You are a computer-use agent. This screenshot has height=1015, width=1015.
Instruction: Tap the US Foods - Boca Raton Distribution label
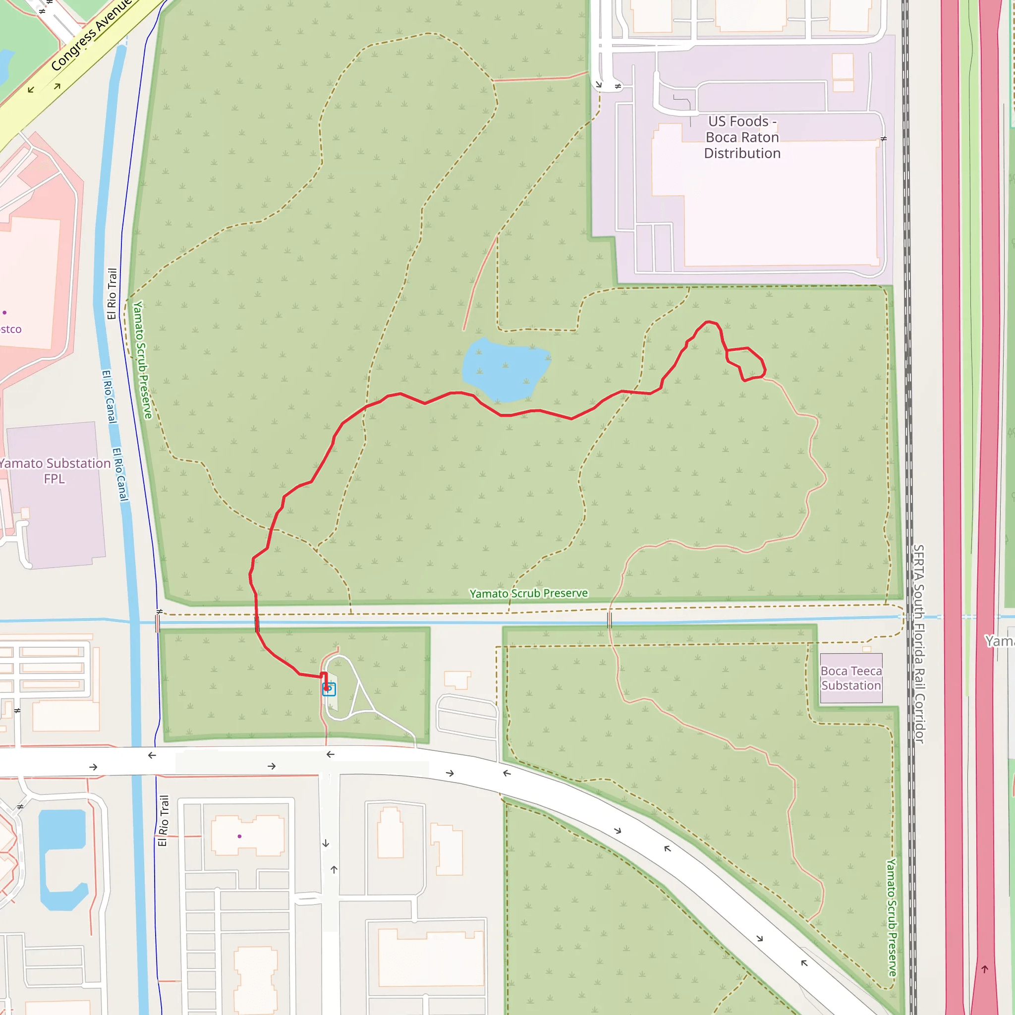(x=742, y=137)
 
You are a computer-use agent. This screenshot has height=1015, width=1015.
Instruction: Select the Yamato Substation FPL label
(x=55, y=471)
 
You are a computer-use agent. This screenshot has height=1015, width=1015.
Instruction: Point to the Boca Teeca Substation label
(x=850, y=678)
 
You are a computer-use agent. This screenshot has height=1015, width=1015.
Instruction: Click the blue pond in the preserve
(x=505, y=369)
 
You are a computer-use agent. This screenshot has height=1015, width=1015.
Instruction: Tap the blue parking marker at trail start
(x=329, y=689)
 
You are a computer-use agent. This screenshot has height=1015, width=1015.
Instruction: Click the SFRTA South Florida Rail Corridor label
(x=919, y=644)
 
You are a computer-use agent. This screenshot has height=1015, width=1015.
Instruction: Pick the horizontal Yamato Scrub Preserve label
(x=528, y=594)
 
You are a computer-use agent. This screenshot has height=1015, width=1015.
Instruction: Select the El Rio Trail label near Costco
(x=112, y=294)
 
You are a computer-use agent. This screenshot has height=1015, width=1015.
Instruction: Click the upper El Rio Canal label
(x=109, y=396)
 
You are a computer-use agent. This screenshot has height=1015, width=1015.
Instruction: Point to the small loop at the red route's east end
(x=746, y=363)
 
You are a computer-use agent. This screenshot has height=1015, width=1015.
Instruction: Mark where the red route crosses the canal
(x=257, y=623)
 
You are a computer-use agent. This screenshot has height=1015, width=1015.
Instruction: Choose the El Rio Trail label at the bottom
(x=164, y=821)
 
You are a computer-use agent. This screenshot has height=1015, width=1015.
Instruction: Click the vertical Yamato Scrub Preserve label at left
(x=142, y=360)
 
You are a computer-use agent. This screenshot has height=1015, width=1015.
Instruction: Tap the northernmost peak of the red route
(x=710, y=322)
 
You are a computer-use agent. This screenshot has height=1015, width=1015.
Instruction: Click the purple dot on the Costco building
(x=5, y=313)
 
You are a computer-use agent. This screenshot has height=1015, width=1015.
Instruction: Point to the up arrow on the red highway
(x=985, y=969)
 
